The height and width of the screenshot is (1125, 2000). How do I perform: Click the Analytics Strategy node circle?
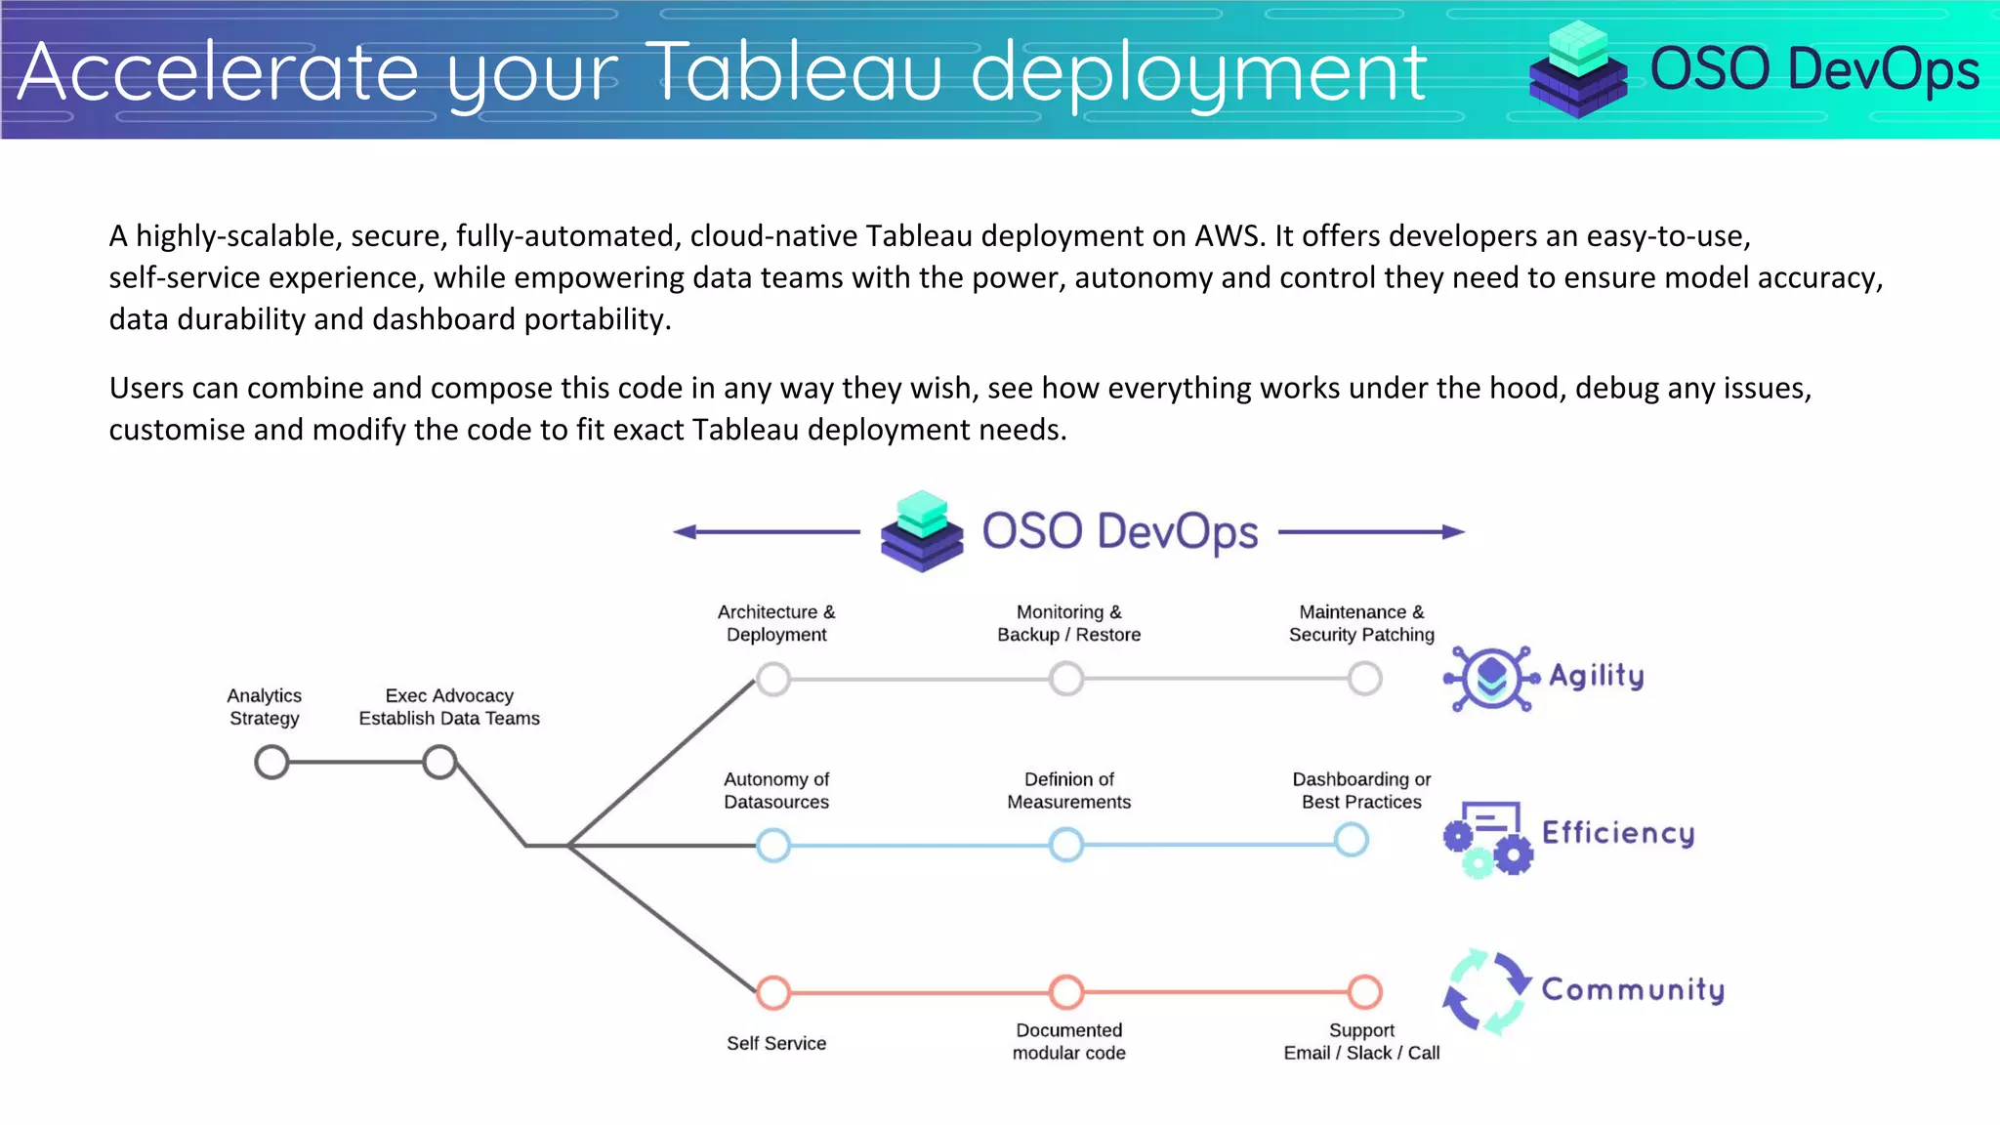(x=271, y=762)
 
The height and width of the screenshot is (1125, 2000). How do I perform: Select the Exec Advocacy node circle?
(x=439, y=762)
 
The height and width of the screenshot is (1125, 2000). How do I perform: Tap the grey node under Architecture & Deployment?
(x=773, y=679)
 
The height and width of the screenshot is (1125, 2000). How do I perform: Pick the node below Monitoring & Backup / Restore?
(x=1066, y=678)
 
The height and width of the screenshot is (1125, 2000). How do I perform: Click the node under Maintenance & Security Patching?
(x=1364, y=678)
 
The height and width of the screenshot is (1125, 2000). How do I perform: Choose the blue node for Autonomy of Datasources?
(x=773, y=845)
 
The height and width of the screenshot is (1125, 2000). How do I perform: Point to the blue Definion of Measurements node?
(x=1066, y=845)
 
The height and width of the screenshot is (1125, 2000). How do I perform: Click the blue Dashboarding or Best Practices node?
(x=1352, y=840)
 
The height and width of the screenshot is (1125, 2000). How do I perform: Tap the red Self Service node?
(x=773, y=992)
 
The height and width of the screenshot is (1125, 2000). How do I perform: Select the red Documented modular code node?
(x=1066, y=992)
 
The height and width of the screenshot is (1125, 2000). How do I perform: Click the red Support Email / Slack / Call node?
(x=1364, y=992)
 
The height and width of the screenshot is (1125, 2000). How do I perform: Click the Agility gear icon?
(x=1491, y=678)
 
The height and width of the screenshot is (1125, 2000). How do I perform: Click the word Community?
(x=1633, y=990)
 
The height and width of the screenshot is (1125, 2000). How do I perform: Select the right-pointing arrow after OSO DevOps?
(x=1371, y=532)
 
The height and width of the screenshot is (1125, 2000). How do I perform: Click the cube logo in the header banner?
(x=1578, y=70)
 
